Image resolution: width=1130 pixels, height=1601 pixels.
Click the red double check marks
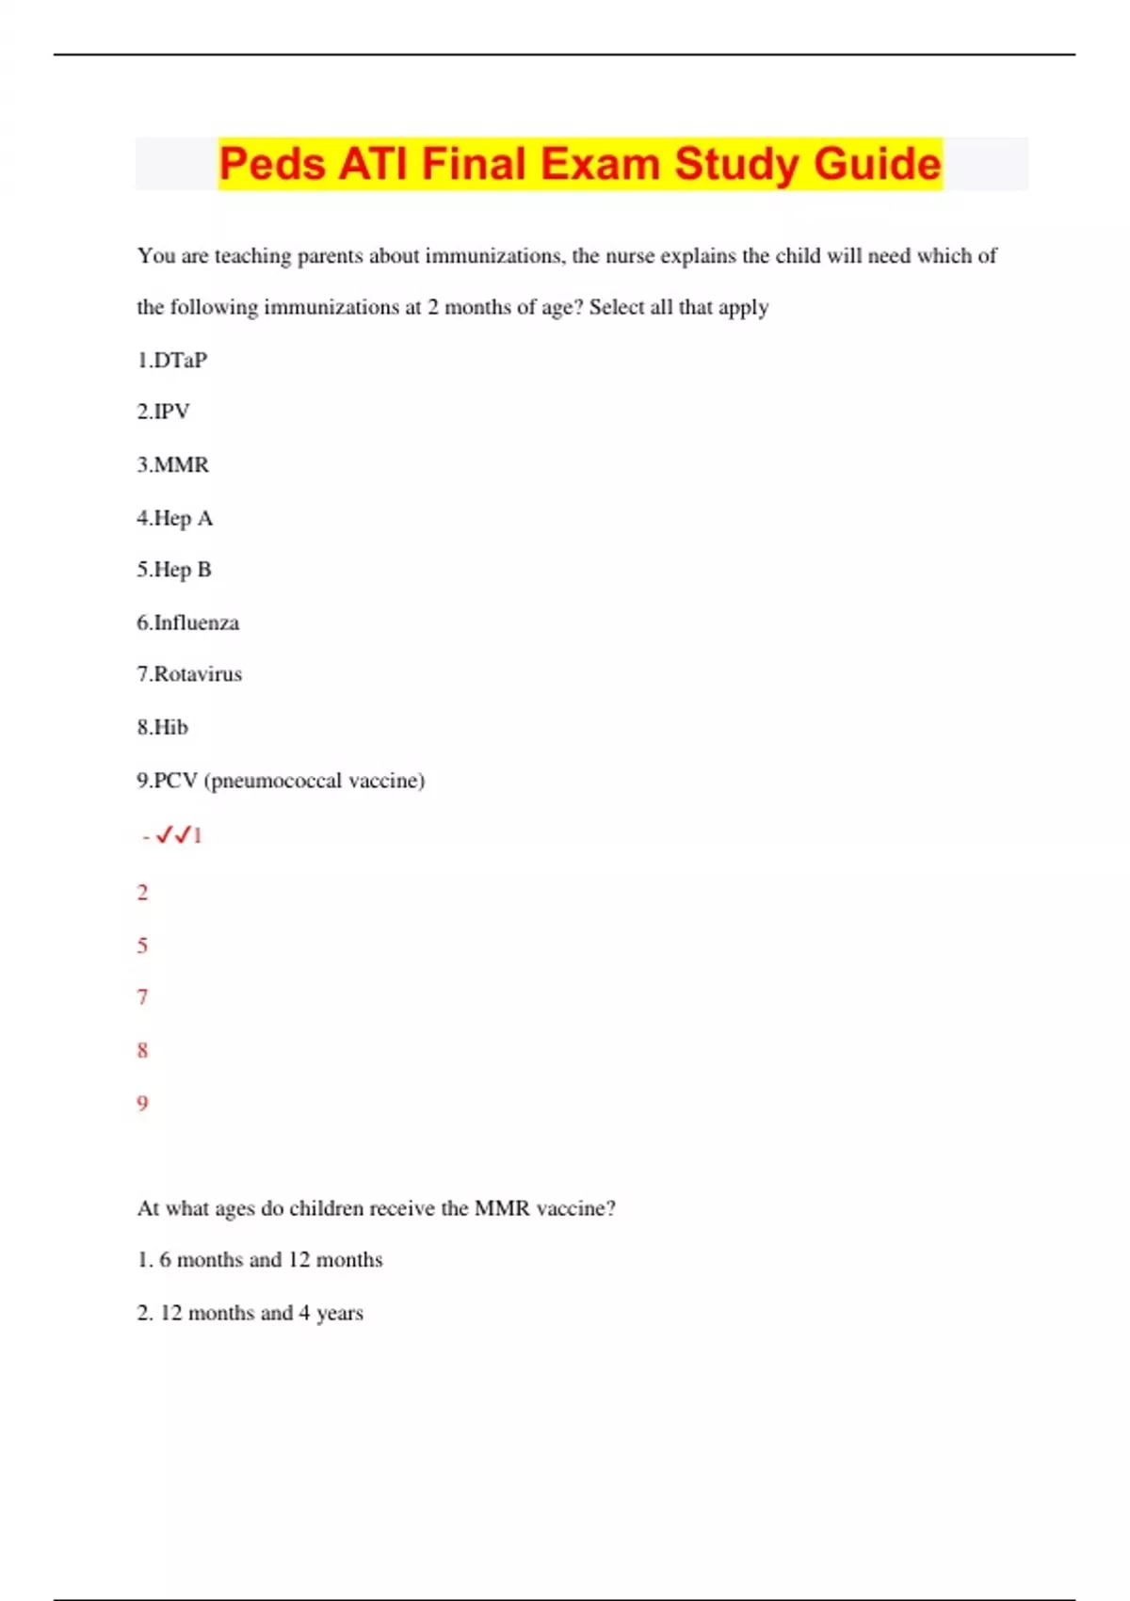[174, 835]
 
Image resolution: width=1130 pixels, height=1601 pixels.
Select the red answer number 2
[142, 893]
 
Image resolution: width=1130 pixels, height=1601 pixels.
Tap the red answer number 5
[142, 946]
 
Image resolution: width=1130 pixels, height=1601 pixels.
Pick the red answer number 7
[142, 997]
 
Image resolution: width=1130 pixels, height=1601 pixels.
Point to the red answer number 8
[142, 1050]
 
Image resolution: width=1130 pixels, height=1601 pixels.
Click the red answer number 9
[142, 1103]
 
